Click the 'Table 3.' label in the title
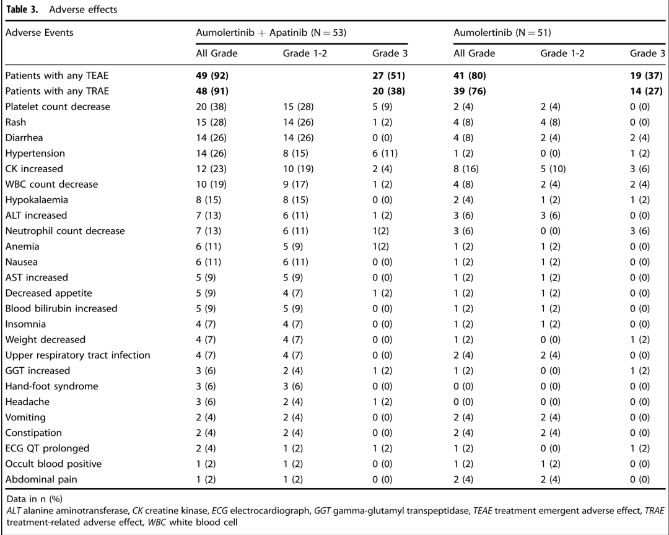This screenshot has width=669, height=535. point(22,9)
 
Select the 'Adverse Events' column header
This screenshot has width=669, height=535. point(39,33)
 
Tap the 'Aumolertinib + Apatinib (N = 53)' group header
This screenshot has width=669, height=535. point(271,33)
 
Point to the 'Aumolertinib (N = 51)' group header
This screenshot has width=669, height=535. point(502,33)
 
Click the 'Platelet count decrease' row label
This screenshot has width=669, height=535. point(58,107)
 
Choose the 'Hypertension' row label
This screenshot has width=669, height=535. point(35,154)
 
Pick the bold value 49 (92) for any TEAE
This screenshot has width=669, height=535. point(212,76)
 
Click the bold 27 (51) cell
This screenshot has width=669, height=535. point(388,76)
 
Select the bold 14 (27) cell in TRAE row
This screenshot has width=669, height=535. point(646,91)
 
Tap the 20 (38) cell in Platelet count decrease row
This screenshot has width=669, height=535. point(211,107)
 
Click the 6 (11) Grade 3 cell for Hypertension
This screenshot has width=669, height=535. point(385,154)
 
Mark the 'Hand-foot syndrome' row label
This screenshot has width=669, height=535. point(51,386)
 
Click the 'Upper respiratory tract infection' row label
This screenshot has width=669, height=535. point(77,355)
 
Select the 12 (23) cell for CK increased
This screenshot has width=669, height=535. point(211,169)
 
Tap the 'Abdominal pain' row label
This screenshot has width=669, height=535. point(42,479)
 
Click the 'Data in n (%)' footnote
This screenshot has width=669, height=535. point(35,498)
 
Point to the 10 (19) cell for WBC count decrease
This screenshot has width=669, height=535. point(211,185)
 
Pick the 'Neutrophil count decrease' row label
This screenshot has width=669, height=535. point(65,231)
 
